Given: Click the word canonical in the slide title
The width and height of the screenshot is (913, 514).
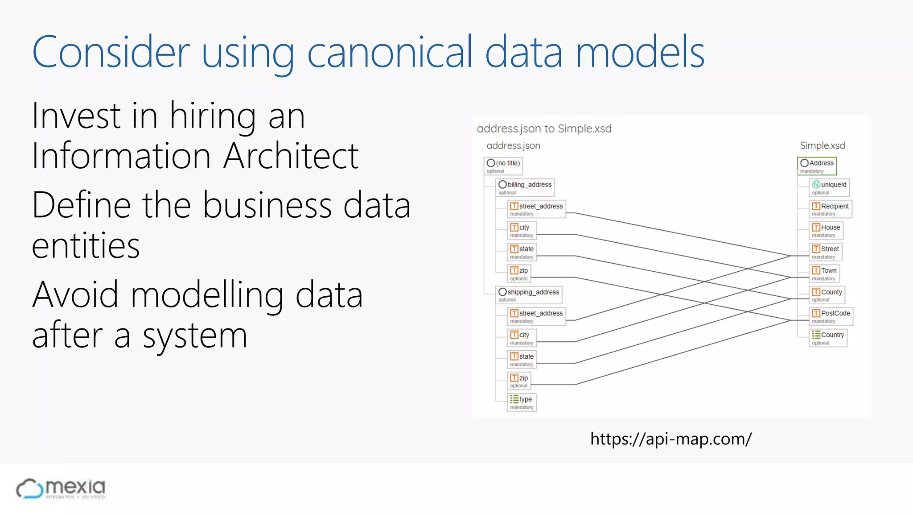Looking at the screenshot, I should (x=389, y=53).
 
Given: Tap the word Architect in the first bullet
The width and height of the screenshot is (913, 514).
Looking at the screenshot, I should (x=291, y=156).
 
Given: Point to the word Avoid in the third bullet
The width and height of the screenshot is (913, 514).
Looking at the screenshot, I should (x=75, y=294).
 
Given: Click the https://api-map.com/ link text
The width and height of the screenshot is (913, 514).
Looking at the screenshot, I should (x=671, y=439).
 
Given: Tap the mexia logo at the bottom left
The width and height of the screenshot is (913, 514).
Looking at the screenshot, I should (x=61, y=489).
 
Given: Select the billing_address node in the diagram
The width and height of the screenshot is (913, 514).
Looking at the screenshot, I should (x=525, y=187).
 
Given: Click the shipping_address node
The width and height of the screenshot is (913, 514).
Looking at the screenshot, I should (x=529, y=295).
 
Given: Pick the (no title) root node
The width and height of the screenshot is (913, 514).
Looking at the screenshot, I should (x=503, y=166).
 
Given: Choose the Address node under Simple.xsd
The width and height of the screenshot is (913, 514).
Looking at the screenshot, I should (x=817, y=166).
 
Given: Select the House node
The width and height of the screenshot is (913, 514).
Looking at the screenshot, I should (x=826, y=230).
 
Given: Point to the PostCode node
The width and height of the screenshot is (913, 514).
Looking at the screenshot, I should (x=831, y=316).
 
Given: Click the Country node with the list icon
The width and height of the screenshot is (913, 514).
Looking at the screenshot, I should (x=828, y=338).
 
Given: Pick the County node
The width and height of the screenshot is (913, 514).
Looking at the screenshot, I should (x=827, y=295).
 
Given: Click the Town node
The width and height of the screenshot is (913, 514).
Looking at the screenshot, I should (x=824, y=274).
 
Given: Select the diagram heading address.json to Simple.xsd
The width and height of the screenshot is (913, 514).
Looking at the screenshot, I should (x=544, y=128).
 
